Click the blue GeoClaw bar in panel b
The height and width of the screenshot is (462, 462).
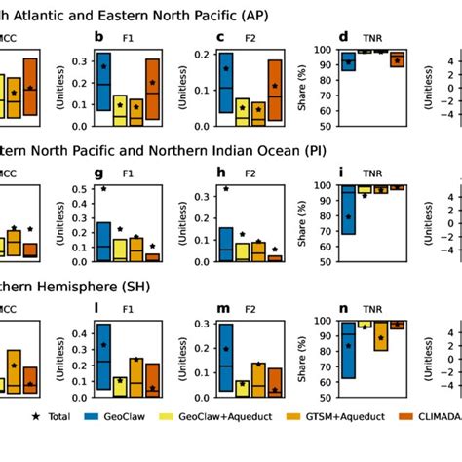coord(104,83)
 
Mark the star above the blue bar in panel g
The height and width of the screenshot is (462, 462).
coord(104,188)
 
